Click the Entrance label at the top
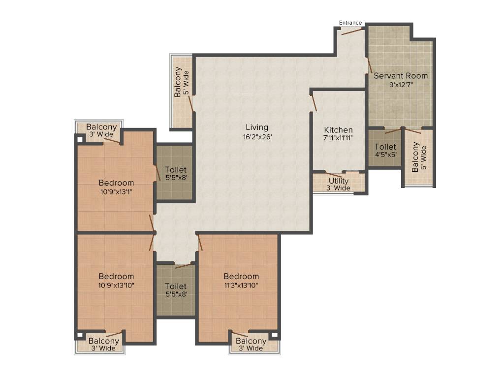tap(350, 23)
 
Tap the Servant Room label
tap(401, 76)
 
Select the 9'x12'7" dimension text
tap(401, 84)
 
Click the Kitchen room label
tap(338, 130)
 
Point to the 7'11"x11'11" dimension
tap(338, 138)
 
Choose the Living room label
tap(257, 127)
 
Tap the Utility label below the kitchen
tap(339, 181)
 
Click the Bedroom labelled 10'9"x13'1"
tap(116, 183)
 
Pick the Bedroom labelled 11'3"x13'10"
tap(241, 276)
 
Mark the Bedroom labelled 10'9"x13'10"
tap(116, 276)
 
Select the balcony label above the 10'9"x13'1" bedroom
tap(102, 127)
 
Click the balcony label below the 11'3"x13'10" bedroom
tap(251, 341)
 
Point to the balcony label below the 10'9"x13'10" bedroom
tap(103, 341)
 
